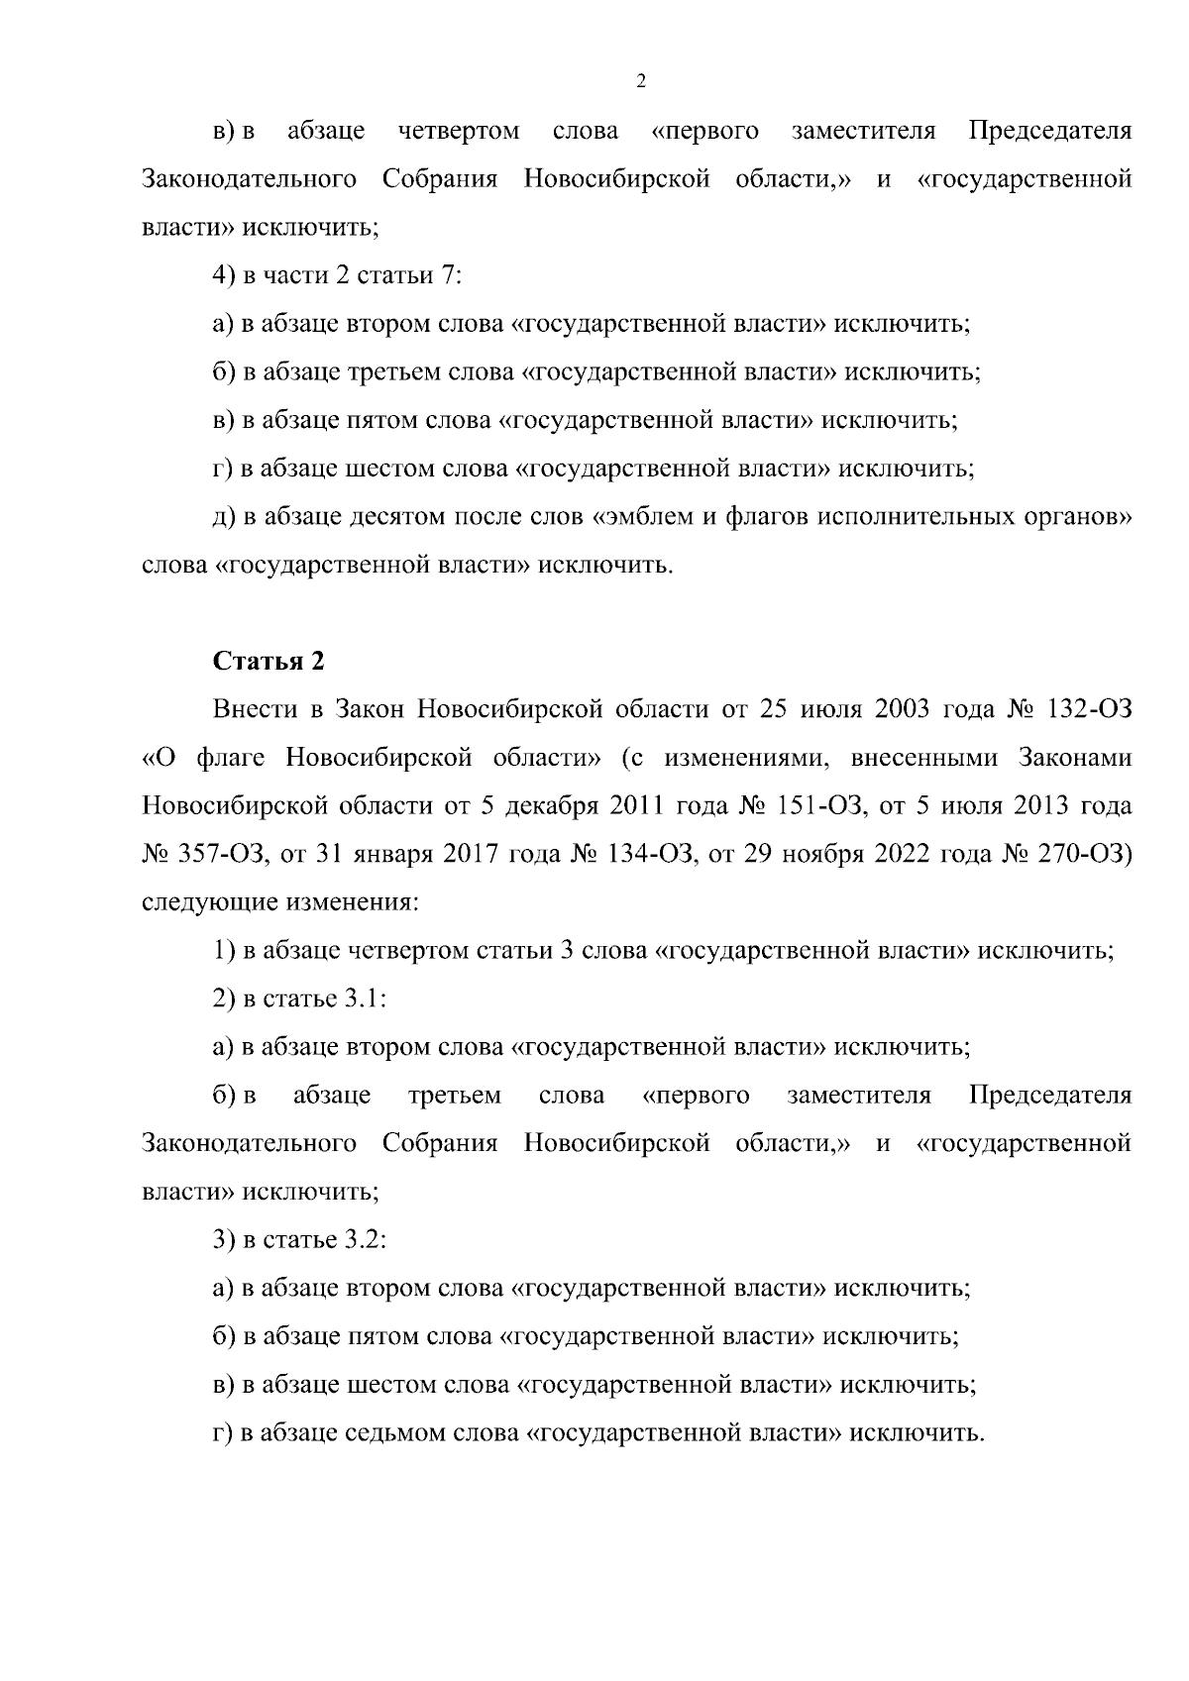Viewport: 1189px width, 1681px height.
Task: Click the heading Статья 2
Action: (269, 662)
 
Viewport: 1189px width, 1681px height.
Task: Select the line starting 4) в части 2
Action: (338, 276)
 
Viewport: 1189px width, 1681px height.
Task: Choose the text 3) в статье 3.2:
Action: (299, 1240)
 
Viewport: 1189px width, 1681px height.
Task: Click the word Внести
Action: (253, 710)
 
